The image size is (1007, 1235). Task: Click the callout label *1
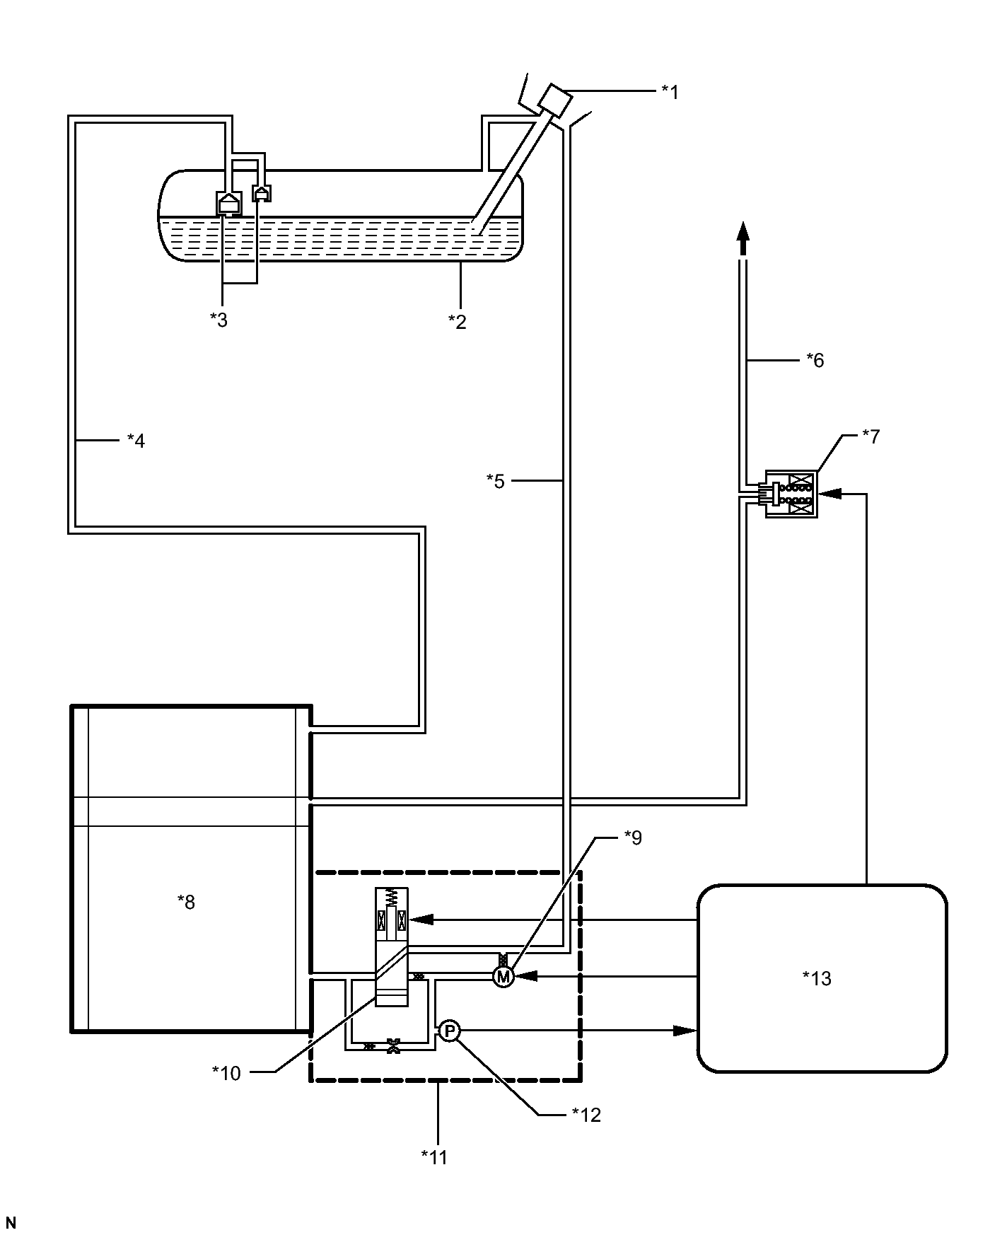point(670,92)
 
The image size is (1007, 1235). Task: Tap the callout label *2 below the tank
point(458,322)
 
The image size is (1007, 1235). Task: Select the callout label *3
point(219,320)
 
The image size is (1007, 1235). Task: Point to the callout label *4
point(136,441)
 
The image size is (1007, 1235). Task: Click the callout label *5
point(496,481)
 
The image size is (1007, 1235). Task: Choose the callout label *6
point(815,361)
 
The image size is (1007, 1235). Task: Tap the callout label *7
point(871,436)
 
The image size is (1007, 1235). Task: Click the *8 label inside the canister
point(186,902)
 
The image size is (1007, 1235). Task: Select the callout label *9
point(633,837)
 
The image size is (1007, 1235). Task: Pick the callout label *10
point(226,1073)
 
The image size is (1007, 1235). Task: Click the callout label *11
point(434,1156)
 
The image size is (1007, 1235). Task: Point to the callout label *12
point(586,1115)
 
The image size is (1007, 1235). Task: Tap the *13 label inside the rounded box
point(817,978)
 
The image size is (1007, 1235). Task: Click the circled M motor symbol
point(503,977)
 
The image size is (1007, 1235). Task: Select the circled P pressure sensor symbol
point(449,1031)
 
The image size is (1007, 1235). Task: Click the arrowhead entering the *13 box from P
point(684,1031)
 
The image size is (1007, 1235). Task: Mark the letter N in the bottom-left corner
point(11,1222)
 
